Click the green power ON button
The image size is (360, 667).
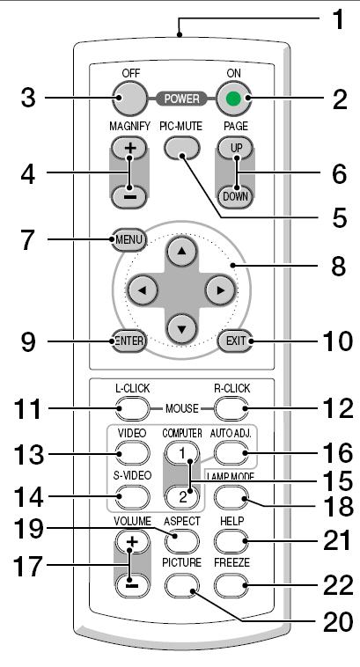click(233, 98)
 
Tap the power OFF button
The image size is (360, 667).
click(129, 98)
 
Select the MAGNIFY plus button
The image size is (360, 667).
click(129, 148)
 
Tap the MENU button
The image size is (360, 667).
click(129, 240)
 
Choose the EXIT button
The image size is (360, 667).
click(234, 341)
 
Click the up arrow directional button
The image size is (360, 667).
click(182, 252)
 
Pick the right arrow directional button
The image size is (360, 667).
click(220, 290)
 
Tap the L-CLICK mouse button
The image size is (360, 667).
click(132, 408)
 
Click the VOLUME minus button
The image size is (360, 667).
click(132, 585)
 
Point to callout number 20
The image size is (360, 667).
click(338, 623)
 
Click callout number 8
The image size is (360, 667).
click(338, 267)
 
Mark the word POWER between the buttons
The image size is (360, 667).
click(182, 99)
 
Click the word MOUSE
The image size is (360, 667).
click(182, 409)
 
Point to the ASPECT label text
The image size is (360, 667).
click(182, 521)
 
